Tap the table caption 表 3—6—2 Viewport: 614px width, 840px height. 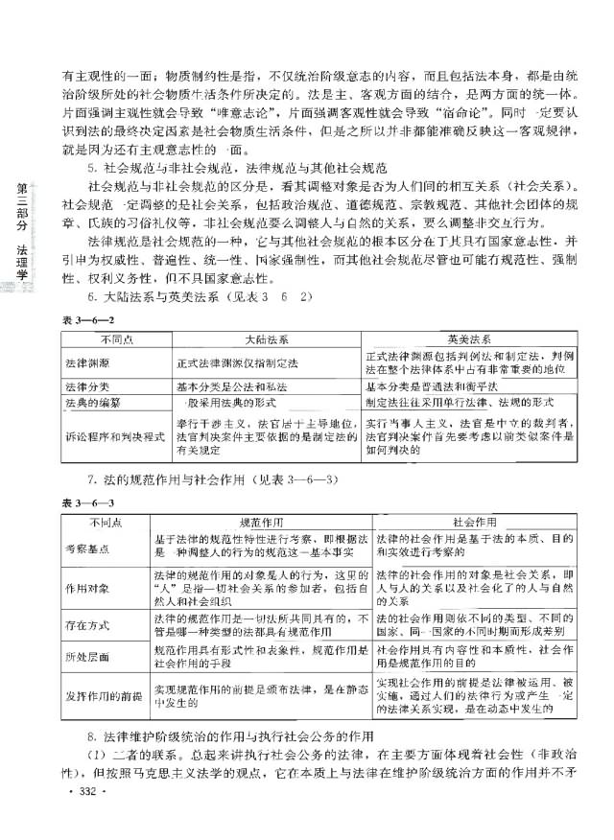[83, 323]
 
